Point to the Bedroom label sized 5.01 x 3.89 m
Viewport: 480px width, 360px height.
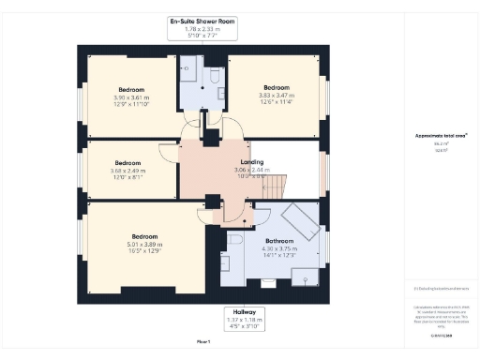coord(144,236)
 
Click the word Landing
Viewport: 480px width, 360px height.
coord(250,162)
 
